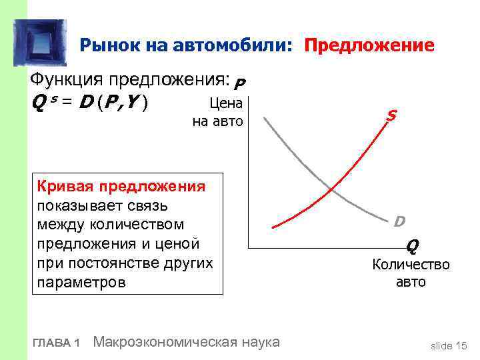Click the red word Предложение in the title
(369, 46)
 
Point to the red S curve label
(391, 116)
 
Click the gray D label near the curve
(398, 221)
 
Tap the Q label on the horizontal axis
(413, 246)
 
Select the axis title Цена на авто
(218, 112)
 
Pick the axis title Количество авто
(411, 273)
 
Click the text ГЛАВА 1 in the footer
(56, 343)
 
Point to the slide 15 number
(449, 345)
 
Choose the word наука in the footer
(261, 342)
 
